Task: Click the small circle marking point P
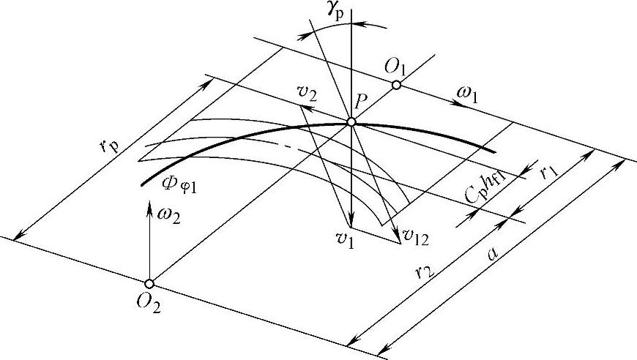pyautogui.click(x=351, y=122)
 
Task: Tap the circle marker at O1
pyautogui.click(x=396, y=86)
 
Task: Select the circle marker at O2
pyautogui.click(x=149, y=283)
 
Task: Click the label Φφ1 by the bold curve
pyautogui.click(x=184, y=185)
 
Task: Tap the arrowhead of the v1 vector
pyautogui.click(x=351, y=223)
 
